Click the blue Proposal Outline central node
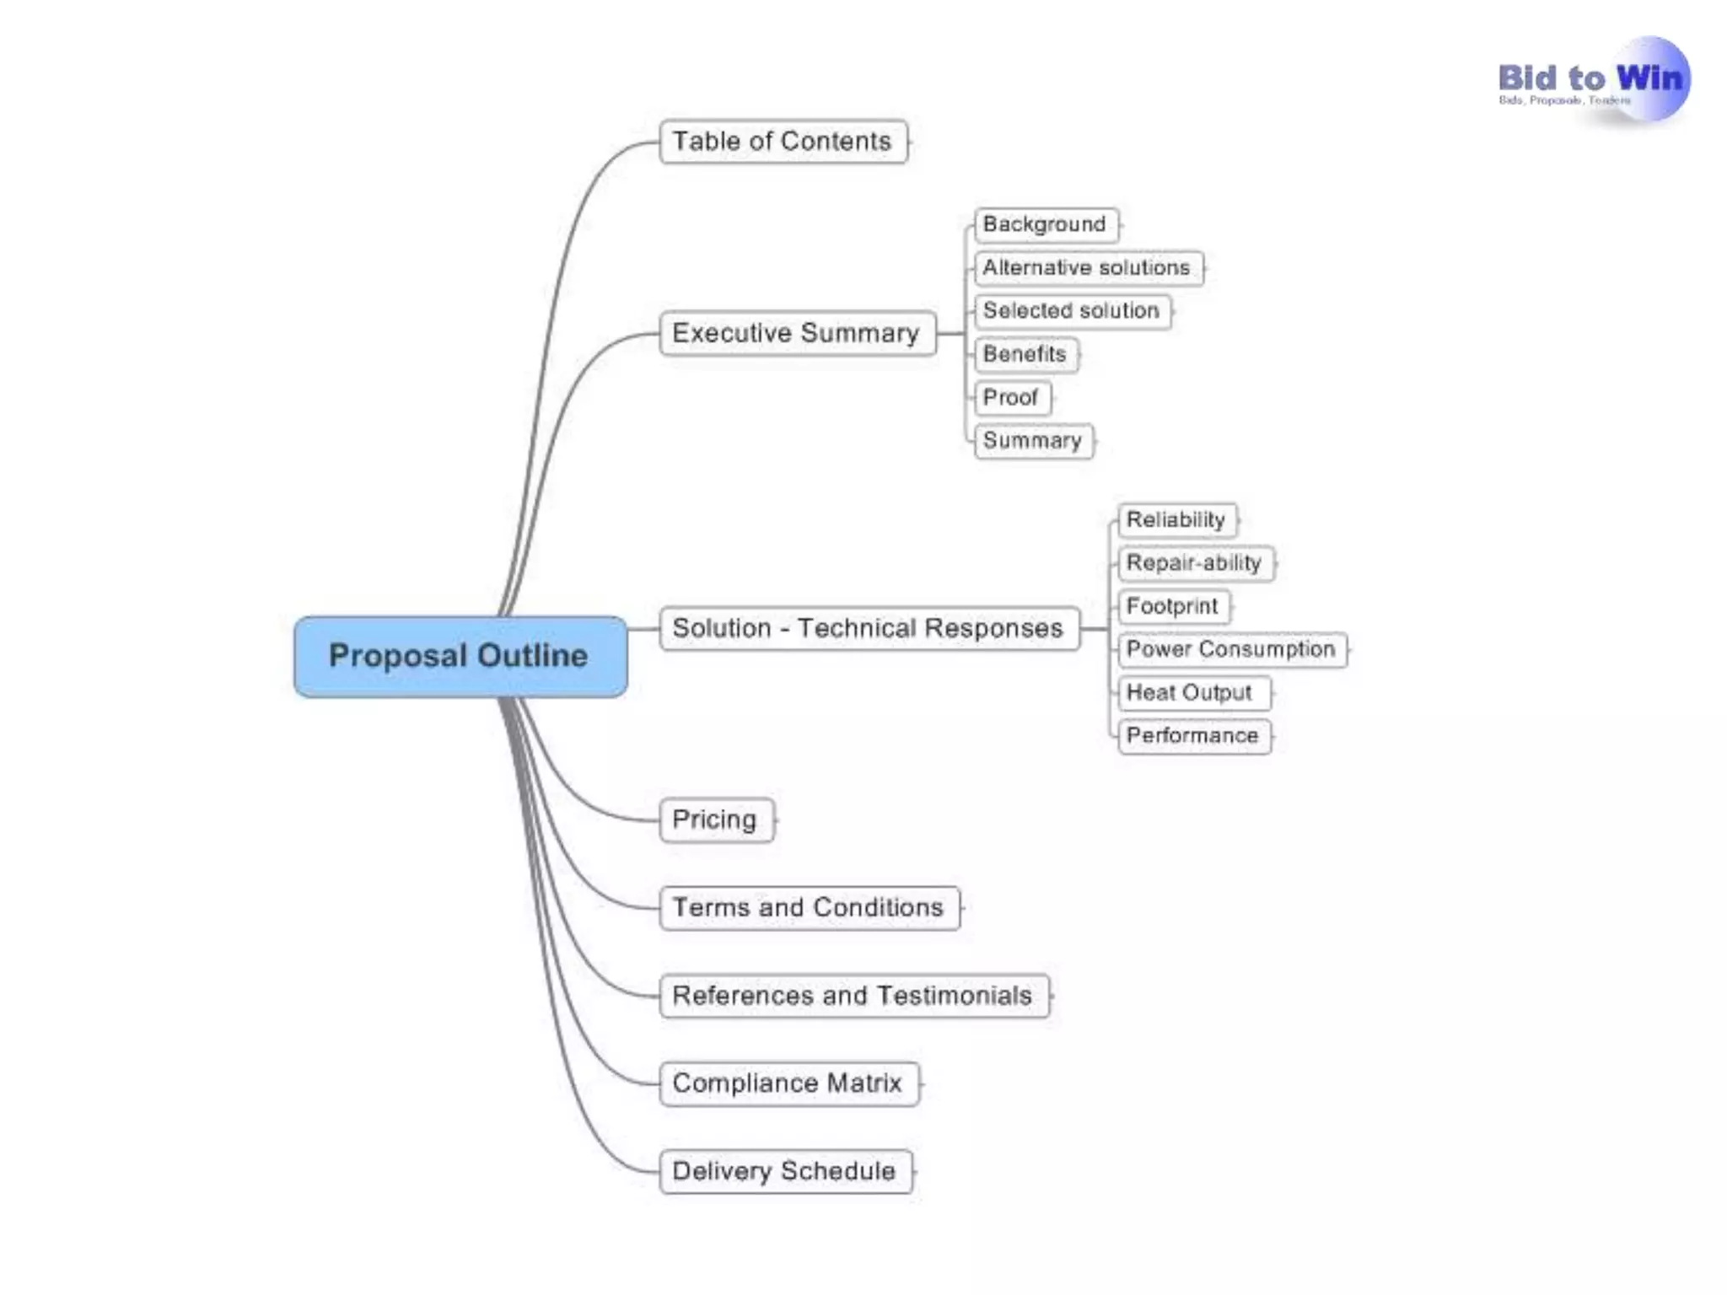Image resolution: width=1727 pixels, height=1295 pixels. point(460,656)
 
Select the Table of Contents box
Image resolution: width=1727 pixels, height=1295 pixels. point(783,142)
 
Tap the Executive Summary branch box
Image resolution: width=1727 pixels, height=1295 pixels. point(797,333)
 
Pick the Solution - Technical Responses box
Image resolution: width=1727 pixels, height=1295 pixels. point(869,628)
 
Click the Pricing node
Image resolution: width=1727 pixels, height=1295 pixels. point(715,819)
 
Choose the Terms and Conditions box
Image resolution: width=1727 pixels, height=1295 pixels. point(809,907)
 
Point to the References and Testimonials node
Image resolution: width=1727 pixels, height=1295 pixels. point(853,996)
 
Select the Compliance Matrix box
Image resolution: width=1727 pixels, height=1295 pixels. point(788,1083)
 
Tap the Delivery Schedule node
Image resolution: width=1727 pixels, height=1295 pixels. point(785,1171)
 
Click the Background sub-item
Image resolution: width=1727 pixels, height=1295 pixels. point(1045,224)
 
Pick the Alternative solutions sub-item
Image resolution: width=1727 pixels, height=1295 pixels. point(1087,267)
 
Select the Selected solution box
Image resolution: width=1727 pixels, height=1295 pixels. point(1072,311)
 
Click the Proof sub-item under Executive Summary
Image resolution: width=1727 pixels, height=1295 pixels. point(1011,397)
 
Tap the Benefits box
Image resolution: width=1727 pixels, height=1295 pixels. point(1025,354)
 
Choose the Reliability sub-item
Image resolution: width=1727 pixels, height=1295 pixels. point(1176,519)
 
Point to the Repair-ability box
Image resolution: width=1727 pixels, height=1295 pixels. point(1195,562)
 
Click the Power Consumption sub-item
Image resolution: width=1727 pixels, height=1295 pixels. point(1231,649)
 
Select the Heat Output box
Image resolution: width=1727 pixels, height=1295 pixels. point(1191,692)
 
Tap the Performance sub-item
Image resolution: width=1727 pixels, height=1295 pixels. point(1193,735)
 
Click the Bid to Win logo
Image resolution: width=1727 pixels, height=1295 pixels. point(1592,81)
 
